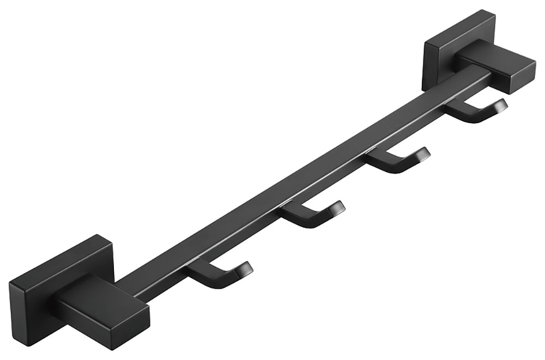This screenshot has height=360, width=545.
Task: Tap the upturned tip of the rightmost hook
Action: pos(500,106)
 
